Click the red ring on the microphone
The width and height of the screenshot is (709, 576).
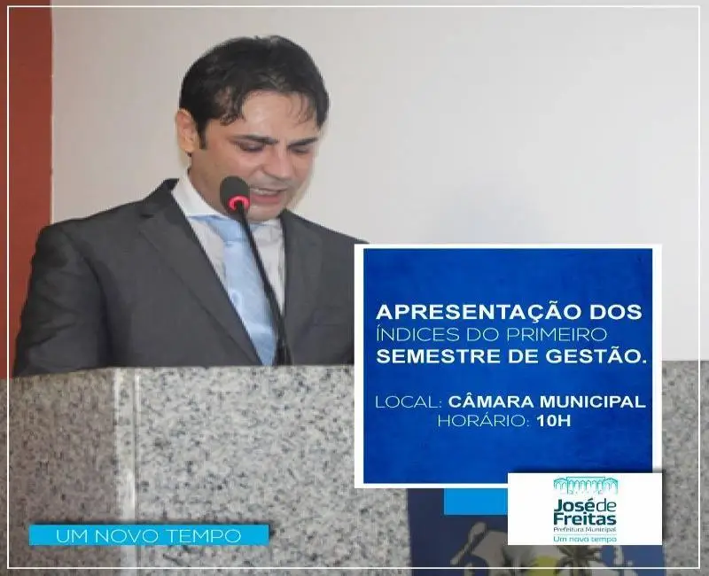click(x=238, y=203)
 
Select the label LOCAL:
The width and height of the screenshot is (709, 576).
click(x=409, y=401)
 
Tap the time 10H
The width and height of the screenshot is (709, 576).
click(x=553, y=422)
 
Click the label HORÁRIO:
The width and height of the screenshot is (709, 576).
click(x=483, y=422)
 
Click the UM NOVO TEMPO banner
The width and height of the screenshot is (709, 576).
click(x=149, y=536)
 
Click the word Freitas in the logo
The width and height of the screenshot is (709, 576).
click(x=585, y=518)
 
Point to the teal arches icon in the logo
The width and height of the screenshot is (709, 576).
click(x=586, y=485)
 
